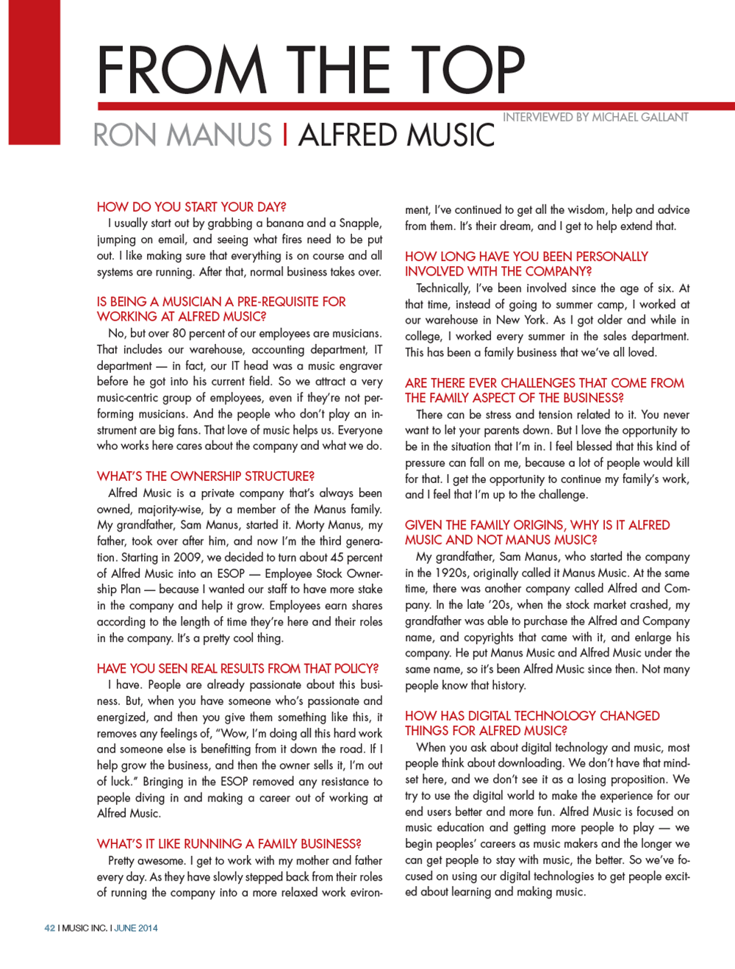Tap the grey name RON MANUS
(182, 135)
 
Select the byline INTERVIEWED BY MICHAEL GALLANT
(595, 117)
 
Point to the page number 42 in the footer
(49, 928)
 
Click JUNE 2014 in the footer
(136, 928)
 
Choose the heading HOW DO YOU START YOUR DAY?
(191, 207)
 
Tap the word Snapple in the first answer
(359, 223)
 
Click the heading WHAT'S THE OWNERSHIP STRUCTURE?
(205, 476)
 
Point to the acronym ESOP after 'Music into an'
(231, 573)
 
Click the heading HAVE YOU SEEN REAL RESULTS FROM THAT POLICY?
(237, 668)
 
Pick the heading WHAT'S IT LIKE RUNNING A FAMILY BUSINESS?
(229, 844)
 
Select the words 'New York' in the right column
(520, 320)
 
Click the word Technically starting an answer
(442, 288)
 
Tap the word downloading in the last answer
(525, 763)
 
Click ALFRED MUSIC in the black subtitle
(396, 135)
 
